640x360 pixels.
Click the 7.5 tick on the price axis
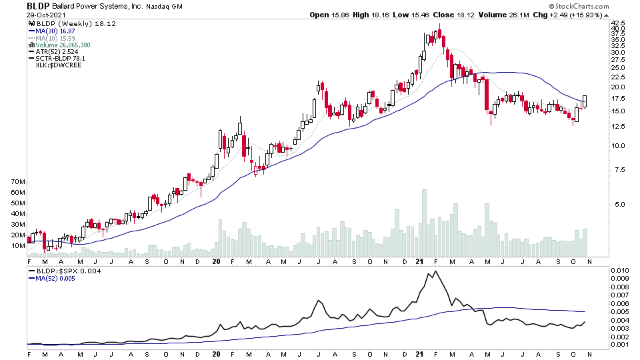pos(617,170)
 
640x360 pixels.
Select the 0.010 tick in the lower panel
pos(620,271)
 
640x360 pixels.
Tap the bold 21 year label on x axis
pos(421,263)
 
